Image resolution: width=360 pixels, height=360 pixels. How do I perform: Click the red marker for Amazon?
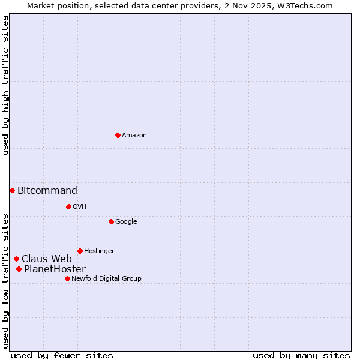pyautogui.click(x=118, y=135)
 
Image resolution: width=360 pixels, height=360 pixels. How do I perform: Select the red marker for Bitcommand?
pyautogui.click(x=12, y=190)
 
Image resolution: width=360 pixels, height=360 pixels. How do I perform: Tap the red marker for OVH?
pyautogui.click(x=68, y=206)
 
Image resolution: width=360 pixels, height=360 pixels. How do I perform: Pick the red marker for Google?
pyautogui.click(x=111, y=221)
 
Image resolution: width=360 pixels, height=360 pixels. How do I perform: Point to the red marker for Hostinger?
pyautogui.click(x=80, y=251)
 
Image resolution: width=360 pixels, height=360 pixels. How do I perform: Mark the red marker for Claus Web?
pyautogui.click(x=16, y=259)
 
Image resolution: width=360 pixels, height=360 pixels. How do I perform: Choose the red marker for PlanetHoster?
pyautogui.click(x=19, y=269)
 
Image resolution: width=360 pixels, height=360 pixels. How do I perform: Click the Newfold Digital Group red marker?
pyautogui.click(x=67, y=278)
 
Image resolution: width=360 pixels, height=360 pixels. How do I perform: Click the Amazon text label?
pyautogui.click(x=134, y=136)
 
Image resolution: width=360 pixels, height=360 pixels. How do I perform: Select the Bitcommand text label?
pyautogui.click(x=47, y=191)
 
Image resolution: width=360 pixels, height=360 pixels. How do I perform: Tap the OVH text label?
pyautogui.click(x=80, y=207)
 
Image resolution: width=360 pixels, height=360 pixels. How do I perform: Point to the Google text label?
pyautogui.click(x=126, y=222)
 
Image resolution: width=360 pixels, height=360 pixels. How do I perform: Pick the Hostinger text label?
pyautogui.click(x=99, y=251)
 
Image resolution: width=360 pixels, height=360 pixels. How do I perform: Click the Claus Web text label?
pyautogui.click(x=47, y=259)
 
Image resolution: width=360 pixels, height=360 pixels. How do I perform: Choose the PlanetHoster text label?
pyautogui.click(x=55, y=269)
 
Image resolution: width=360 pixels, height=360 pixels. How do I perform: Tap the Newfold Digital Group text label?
pyautogui.click(x=106, y=279)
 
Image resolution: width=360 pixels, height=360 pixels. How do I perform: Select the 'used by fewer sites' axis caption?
pyautogui.click(x=62, y=355)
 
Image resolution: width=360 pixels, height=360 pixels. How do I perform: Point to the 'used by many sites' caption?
pyautogui.click(x=301, y=355)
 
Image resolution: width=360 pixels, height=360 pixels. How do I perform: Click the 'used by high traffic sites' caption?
pyautogui.click(x=5, y=85)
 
